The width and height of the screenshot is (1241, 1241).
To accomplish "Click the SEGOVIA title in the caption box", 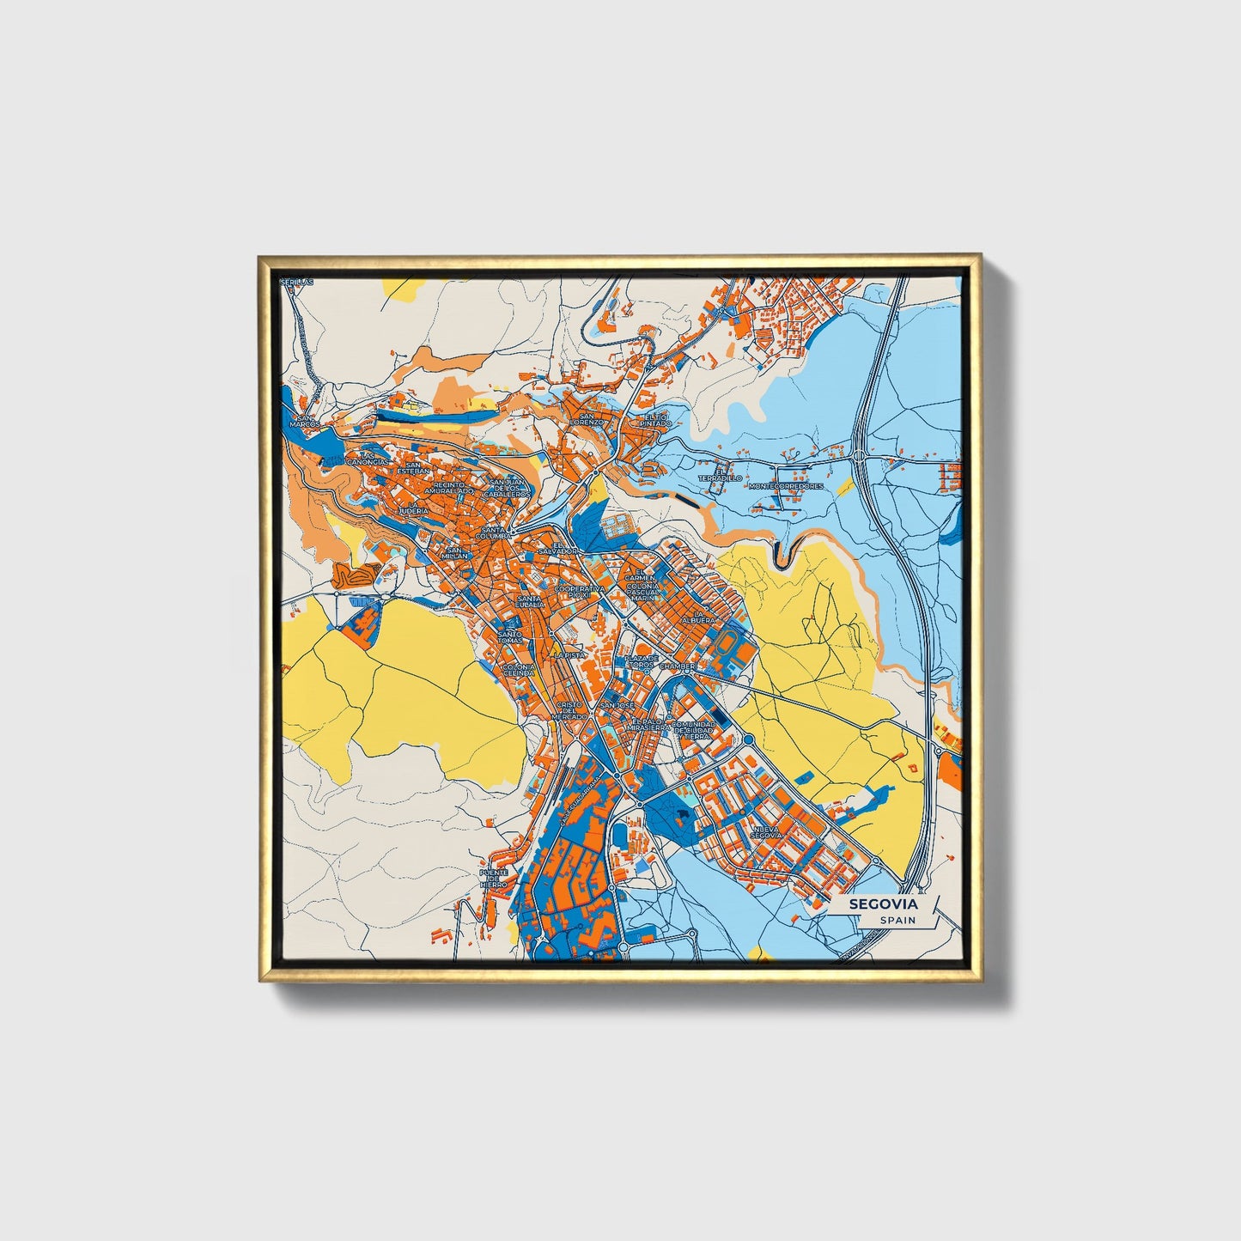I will coord(883,904).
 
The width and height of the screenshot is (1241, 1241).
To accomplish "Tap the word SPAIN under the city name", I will coord(897,920).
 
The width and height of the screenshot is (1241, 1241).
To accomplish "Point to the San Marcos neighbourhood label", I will coord(304,421).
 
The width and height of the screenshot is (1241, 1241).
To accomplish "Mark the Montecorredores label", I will coord(786,486).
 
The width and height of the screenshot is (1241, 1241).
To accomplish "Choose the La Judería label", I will coord(412,508).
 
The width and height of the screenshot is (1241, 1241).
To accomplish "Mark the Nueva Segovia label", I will coord(765,831).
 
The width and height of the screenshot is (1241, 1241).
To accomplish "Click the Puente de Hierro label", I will coord(494,879).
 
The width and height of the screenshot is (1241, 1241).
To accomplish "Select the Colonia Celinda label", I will coord(518,670).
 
